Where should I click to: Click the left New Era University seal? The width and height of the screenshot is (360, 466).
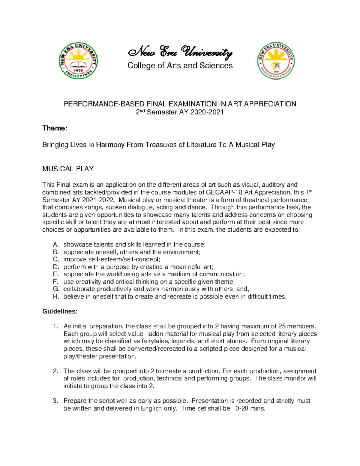tap(78, 61)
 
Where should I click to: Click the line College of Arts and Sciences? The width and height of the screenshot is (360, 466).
tap(180, 66)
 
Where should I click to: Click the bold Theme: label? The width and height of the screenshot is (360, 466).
tap(55, 128)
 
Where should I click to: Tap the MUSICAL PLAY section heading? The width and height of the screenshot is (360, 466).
tap(68, 169)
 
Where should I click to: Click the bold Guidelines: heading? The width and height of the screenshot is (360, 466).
tap(60, 311)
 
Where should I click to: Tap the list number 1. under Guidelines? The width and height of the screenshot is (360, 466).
tap(55, 326)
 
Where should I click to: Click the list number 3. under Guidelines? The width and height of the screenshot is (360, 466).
tap(55, 401)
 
